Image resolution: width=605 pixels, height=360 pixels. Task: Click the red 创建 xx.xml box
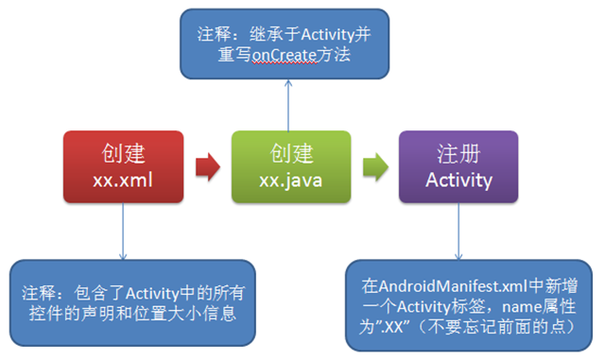(x=124, y=166)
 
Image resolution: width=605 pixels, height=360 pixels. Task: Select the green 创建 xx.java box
(x=290, y=166)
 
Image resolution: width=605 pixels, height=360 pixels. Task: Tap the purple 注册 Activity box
(x=458, y=166)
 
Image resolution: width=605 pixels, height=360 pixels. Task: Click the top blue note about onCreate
(x=290, y=43)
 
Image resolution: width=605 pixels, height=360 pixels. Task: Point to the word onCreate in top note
(x=281, y=55)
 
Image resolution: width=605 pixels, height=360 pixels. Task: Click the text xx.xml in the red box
(x=124, y=180)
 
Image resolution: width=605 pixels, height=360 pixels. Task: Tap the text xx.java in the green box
(x=290, y=180)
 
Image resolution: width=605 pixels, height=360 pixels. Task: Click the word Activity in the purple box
(x=458, y=180)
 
